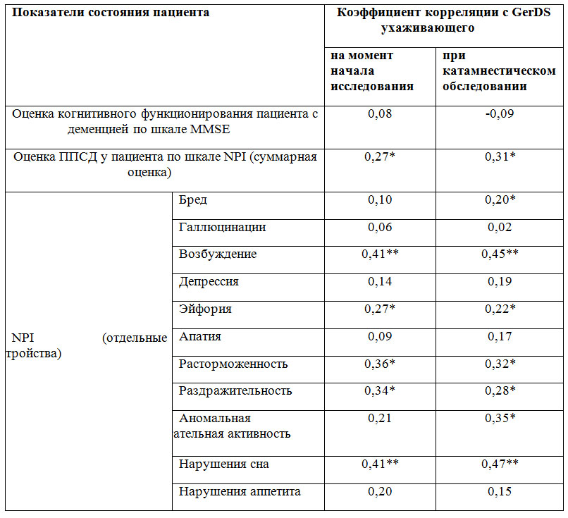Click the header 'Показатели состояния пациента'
click(111, 13)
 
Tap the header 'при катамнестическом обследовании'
click(498, 70)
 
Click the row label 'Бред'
click(193, 200)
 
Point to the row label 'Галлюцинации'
click(222, 227)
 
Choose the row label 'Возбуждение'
click(218, 254)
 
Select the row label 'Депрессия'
click(209, 282)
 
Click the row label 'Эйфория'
click(205, 309)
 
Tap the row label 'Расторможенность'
click(233, 364)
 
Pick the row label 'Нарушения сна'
click(223, 464)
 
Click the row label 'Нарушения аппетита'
click(240, 492)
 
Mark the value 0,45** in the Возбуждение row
click(500, 254)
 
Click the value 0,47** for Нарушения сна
click(500, 464)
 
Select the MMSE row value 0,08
click(379, 113)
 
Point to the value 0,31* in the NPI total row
click(500, 157)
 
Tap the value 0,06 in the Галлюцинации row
click(379, 227)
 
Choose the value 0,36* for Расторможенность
click(379, 364)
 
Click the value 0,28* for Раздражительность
click(500, 391)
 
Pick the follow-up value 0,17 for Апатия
click(500, 337)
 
